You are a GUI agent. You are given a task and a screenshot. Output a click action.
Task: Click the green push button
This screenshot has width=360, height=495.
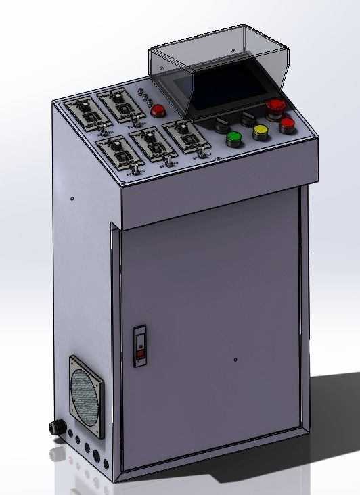[x=233, y=139]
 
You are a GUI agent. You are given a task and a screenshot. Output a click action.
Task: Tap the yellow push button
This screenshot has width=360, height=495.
[x=261, y=132]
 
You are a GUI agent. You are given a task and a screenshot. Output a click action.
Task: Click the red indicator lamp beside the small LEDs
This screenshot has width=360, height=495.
[x=158, y=111]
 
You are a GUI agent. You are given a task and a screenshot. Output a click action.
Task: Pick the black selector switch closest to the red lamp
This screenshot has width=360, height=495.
[x=221, y=123]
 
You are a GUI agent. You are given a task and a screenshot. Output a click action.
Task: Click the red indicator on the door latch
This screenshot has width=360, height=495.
[x=141, y=354]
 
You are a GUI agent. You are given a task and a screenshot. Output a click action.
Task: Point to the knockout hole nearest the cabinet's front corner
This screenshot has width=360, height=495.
[x=104, y=455]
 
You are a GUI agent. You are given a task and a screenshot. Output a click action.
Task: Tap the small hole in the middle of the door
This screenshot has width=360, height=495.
[x=234, y=359]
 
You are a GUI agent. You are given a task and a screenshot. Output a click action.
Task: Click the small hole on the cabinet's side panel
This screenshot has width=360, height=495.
[x=72, y=199]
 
